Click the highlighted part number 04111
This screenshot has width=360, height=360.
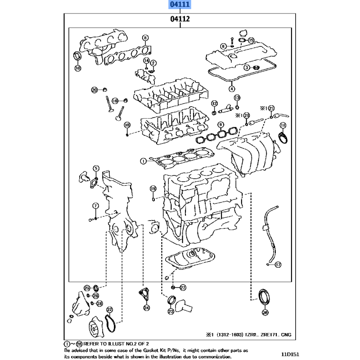pos(180,4)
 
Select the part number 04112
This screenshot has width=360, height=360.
pos(180,19)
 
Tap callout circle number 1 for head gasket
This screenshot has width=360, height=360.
pos(143,161)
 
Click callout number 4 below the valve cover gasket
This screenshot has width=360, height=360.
pos(232,89)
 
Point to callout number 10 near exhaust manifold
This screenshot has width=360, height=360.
pos(78,68)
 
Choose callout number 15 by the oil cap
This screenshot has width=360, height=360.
pos(251,40)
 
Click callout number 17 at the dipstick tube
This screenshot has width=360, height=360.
pos(278,265)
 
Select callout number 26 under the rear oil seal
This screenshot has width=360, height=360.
pos(265,312)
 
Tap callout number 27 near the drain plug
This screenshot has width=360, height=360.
pos(183,288)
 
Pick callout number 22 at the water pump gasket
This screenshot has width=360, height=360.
pos(109,310)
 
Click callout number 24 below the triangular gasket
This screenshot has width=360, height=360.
pos(147,308)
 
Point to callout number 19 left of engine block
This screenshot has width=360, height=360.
pos(153,189)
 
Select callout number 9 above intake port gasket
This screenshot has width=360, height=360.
pos(220,125)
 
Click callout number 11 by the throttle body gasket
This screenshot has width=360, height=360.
pos(283,126)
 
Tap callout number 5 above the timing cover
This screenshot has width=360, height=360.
pos(96,168)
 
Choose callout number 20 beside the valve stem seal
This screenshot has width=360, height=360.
pos(94,90)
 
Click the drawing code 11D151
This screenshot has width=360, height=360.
pos(290,355)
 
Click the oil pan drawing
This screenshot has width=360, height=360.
pos(190,258)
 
